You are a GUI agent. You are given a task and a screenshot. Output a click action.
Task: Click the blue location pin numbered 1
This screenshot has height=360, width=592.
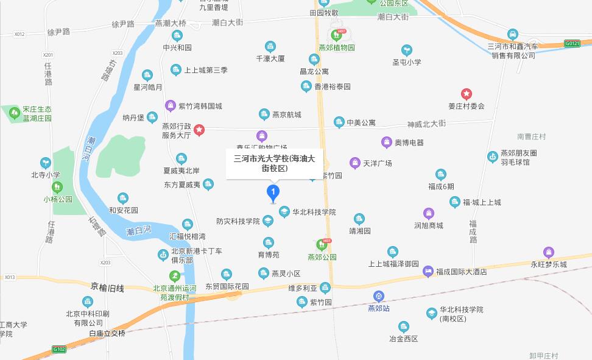[x=274, y=194]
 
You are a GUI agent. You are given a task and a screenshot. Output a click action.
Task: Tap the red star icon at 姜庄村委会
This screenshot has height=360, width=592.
[x=467, y=94]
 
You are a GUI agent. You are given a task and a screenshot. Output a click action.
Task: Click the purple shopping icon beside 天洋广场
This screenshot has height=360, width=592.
[x=355, y=163]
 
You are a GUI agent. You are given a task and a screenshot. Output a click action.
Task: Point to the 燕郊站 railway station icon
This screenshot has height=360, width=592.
[x=379, y=297]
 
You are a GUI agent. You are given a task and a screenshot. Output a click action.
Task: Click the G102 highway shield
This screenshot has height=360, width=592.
[x=59, y=349]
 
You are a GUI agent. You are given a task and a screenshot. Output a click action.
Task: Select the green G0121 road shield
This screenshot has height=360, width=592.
[x=572, y=43]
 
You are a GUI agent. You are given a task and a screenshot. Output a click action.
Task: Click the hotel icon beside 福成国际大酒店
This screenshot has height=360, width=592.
[x=428, y=271]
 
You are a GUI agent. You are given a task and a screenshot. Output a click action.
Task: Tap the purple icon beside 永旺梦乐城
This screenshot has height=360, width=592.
[x=549, y=252]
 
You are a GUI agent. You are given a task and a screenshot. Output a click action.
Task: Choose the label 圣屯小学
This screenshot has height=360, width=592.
[x=406, y=62]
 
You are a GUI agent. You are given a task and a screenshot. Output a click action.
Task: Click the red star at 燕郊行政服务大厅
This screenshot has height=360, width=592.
[x=199, y=130]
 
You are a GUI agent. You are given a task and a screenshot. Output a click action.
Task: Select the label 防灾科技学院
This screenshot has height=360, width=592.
[x=238, y=221]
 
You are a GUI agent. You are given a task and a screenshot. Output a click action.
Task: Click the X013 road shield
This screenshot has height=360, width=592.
[x=9, y=277]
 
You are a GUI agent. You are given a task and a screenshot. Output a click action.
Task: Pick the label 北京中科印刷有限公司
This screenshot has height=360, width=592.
[x=88, y=318]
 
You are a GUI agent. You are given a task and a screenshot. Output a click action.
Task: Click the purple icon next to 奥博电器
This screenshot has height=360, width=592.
[x=386, y=143]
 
